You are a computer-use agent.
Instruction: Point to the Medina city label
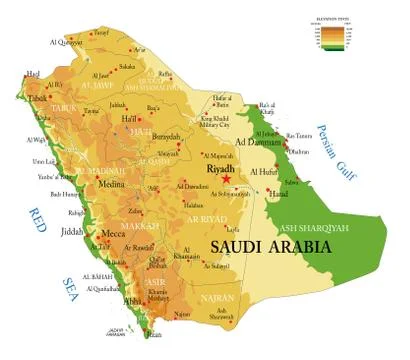click(107, 183)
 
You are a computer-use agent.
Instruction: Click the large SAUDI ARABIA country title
click(266, 245)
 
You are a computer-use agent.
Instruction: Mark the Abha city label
click(132, 298)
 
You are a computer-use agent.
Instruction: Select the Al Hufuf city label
click(264, 171)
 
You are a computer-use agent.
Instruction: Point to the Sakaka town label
click(127, 66)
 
